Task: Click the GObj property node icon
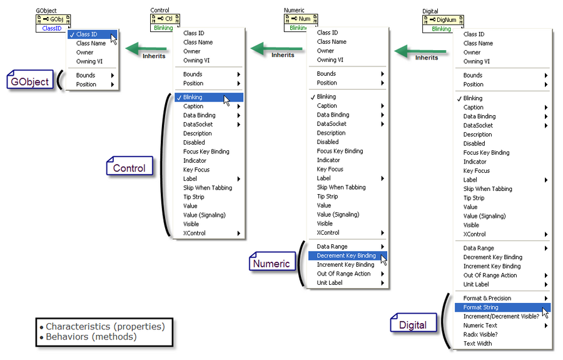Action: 53,19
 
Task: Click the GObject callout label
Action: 30,81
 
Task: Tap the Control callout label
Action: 129,168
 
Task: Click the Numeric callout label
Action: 271,264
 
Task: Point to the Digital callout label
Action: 412,324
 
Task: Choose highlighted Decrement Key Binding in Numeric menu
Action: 347,255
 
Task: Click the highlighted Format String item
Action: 481,307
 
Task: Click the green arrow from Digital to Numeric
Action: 422,50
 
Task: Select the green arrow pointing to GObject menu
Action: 147,47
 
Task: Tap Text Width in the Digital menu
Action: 477,343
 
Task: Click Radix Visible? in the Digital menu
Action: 480,334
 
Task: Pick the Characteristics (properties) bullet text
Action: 104,326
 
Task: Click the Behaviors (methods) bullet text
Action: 91,337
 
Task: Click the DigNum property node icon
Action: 441,19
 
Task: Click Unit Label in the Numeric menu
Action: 330,282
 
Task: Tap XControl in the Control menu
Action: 194,233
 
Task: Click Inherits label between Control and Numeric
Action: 282,55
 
